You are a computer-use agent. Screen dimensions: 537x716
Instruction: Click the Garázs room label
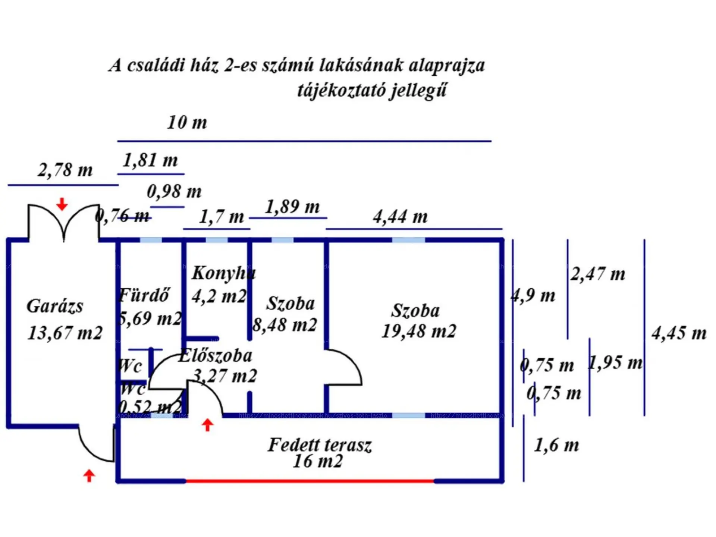tap(55, 307)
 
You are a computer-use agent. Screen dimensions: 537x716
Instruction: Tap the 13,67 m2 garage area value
tap(65, 333)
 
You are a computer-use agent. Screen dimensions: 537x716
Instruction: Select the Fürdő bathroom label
tap(145, 295)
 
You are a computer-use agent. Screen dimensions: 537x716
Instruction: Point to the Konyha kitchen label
tap(223, 273)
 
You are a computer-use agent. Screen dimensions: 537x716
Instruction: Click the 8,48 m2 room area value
tap(285, 325)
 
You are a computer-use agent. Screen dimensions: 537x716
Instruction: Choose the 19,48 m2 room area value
tap(418, 331)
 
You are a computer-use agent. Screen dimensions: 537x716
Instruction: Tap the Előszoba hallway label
tap(216, 356)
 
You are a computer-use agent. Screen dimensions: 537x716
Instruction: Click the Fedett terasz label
tap(320, 445)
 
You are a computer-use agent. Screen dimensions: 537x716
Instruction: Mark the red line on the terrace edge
tap(310, 481)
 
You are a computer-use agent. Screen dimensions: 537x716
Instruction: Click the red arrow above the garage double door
tap(62, 204)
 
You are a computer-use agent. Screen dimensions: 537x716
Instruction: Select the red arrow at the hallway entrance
tap(208, 425)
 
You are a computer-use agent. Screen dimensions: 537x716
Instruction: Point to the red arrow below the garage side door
tap(89, 475)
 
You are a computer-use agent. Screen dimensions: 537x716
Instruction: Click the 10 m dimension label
tap(187, 123)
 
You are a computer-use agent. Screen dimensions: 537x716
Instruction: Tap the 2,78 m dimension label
tap(65, 170)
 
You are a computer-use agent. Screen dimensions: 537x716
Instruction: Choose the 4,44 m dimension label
tap(400, 217)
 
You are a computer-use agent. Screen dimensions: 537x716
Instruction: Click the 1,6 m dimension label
tap(556, 445)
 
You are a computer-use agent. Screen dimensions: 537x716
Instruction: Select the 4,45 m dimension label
tap(679, 333)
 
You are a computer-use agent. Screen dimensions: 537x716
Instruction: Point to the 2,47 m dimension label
tap(597, 274)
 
